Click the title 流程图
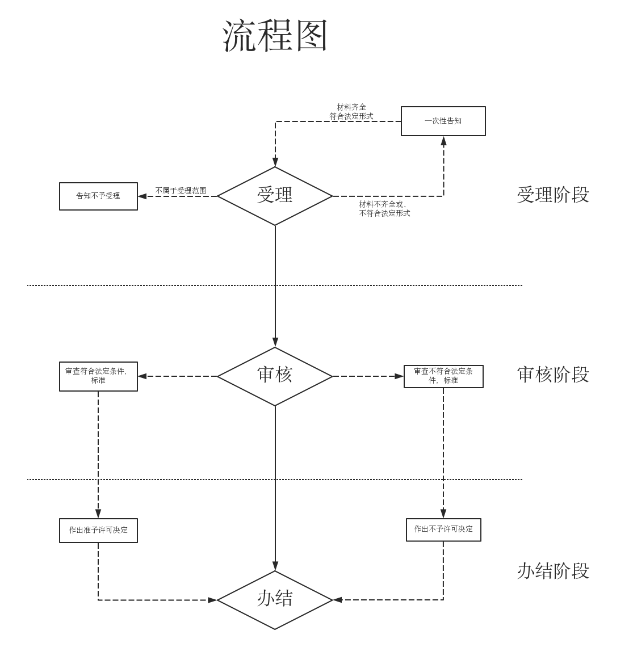click(x=275, y=36)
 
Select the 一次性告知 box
click(x=443, y=121)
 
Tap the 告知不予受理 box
click(x=98, y=196)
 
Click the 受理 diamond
click(x=275, y=196)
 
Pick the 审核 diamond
click(x=275, y=376)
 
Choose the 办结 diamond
click(x=275, y=599)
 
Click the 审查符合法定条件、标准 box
click(x=98, y=376)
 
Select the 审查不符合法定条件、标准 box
click(x=443, y=376)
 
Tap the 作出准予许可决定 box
click(x=98, y=531)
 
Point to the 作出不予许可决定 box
click(x=443, y=529)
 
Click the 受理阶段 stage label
click(x=553, y=195)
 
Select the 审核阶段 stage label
click(x=553, y=375)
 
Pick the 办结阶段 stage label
click(x=553, y=571)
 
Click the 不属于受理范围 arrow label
click(x=181, y=191)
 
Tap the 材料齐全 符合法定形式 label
click(x=351, y=112)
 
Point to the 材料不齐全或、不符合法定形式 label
click(x=384, y=209)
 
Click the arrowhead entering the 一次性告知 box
click(x=443, y=141)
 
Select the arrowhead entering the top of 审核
click(x=275, y=342)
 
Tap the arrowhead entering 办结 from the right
click(x=337, y=599)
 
